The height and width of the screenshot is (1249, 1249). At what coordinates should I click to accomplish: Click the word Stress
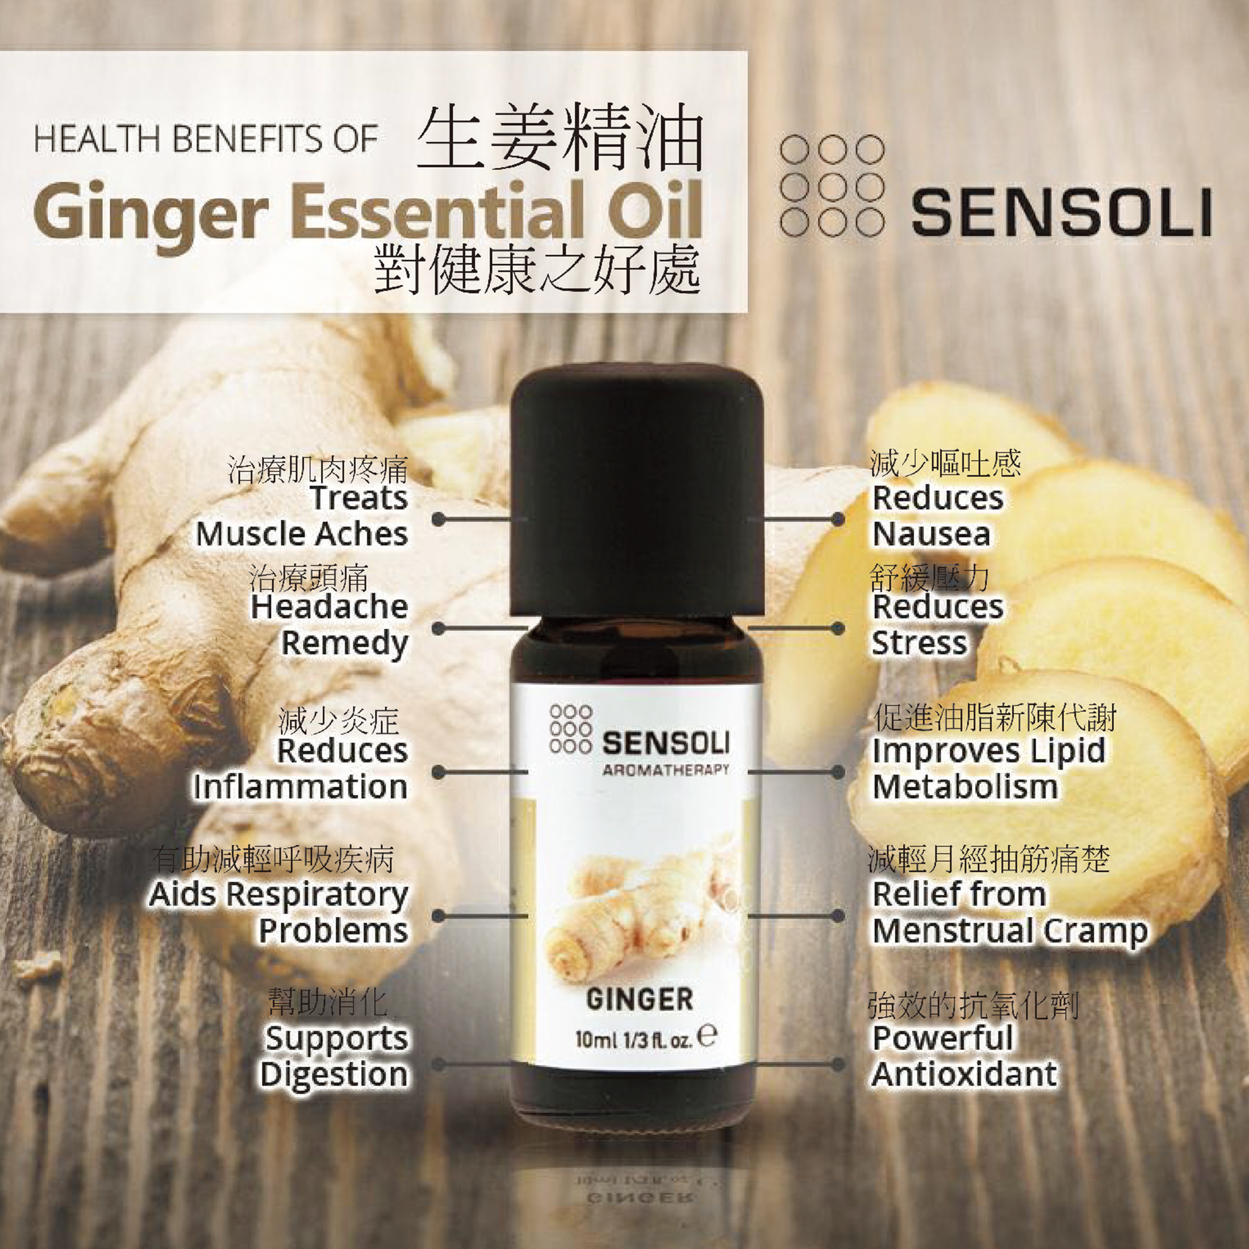(x=919, y=643)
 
